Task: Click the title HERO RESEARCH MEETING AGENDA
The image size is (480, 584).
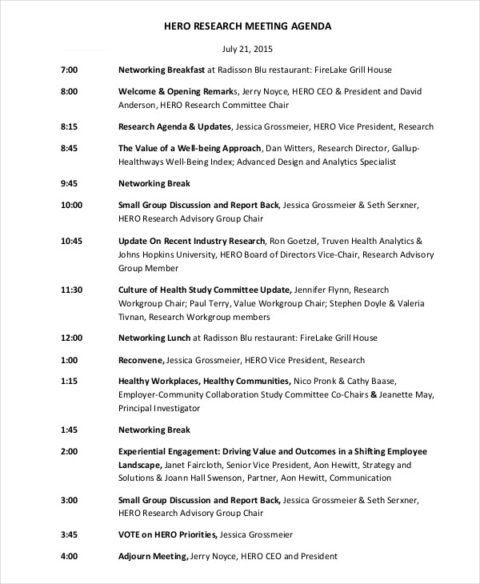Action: click(246, 26)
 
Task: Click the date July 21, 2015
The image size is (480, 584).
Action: click(246, 49)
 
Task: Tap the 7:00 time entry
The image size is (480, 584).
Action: click(69, 70)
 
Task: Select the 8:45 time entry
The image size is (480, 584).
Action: click(69, 149)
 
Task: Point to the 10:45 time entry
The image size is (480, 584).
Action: click(71, 241)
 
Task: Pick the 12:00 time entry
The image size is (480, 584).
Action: click(71, 338)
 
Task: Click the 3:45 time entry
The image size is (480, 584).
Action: click(69, 534)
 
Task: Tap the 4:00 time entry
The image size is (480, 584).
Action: click(69, 556)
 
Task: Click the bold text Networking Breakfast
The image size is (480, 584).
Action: click(162, 70)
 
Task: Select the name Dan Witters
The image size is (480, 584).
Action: click(290, 149)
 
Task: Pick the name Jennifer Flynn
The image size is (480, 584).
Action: click(322, 289)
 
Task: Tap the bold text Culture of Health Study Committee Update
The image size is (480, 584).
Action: click(205, 289)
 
